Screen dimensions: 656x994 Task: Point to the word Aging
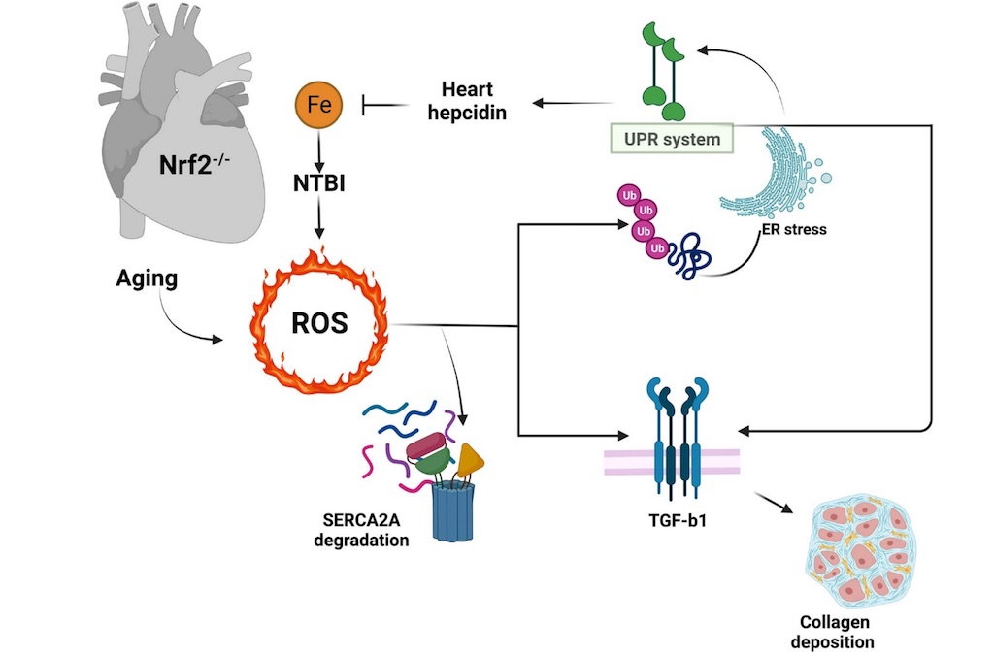pos(146,279)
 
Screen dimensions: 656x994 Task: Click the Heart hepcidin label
pos(467,101)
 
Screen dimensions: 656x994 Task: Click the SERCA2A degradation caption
pos(362,531)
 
